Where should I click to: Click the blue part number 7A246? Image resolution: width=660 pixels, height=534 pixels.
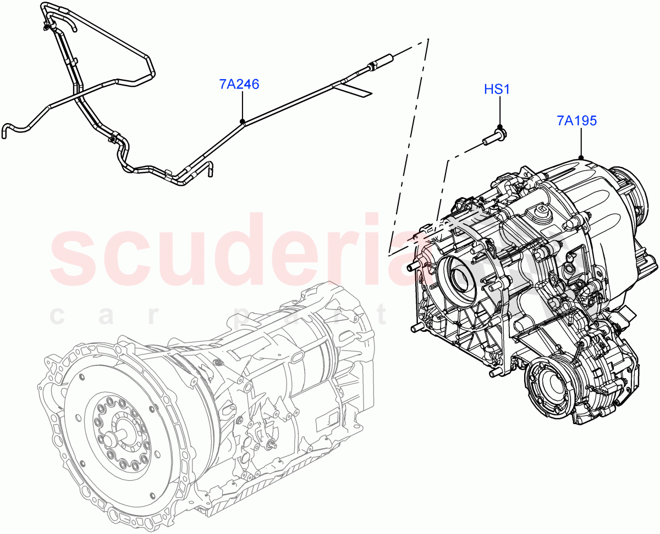point(239,85)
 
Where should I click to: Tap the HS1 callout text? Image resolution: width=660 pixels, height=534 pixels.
point(497,89)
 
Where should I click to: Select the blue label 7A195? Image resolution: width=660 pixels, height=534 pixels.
point(576,120)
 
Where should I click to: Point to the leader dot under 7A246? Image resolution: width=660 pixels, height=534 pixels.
point(242,121)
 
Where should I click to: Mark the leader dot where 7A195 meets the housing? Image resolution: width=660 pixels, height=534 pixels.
point(581,158)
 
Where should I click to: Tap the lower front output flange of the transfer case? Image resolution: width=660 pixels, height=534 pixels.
point(550,387)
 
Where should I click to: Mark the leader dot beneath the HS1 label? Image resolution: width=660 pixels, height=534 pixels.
point(500,127)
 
